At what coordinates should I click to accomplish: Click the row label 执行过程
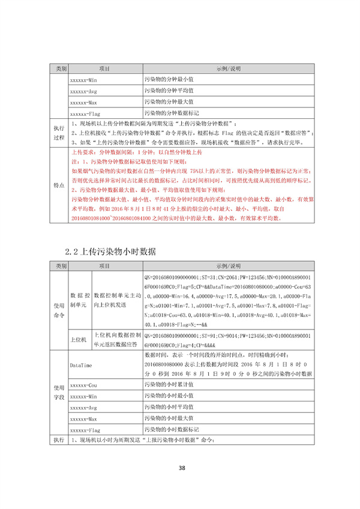[59, 132]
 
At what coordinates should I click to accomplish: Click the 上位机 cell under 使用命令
[79, 339]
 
